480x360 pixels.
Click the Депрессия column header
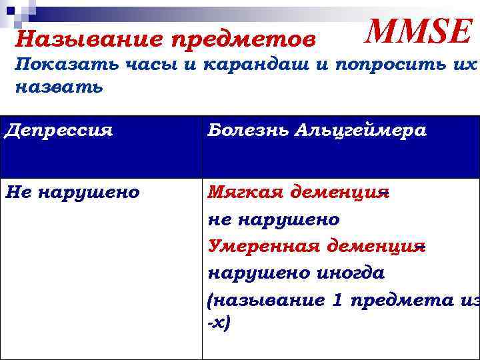[58, 131]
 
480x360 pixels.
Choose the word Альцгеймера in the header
[363, 131]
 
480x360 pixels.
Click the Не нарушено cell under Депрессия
[72, 193]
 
